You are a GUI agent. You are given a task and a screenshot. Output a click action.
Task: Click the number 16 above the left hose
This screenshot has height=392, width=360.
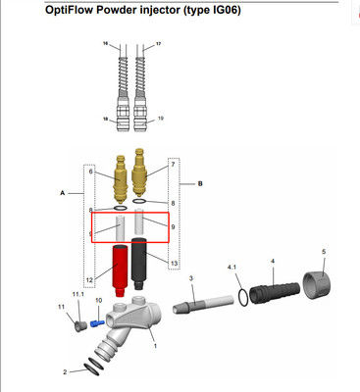(x=105, y=45)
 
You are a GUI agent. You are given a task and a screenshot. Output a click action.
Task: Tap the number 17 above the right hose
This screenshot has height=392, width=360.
(x=160, y=45)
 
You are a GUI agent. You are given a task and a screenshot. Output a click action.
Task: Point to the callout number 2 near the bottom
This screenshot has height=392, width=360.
(x=65, y=372)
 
